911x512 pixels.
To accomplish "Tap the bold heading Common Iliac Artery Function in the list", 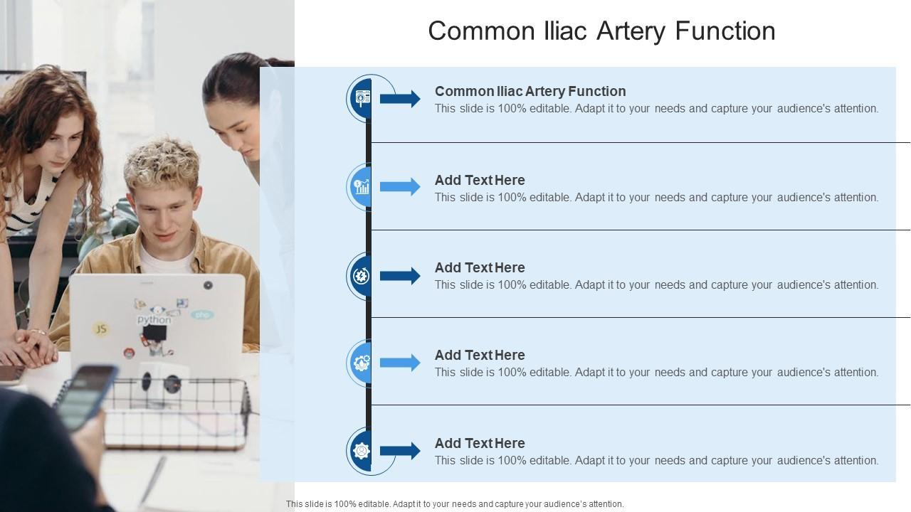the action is pos(530,92).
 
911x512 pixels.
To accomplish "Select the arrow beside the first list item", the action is pos(400,99).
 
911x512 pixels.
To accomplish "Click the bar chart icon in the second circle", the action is pos(362,187).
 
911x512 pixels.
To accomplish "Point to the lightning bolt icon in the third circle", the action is pos(361,276).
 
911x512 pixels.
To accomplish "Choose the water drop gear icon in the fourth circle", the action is pos(362,363).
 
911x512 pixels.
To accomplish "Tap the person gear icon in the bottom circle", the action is pos(361,451).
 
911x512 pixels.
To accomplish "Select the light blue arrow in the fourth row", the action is pos(400,363).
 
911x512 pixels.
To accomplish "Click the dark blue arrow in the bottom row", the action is pos(400,451).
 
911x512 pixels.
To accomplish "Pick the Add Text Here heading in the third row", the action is pos(480,268).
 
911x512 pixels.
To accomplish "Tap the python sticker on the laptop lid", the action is pos(154,320).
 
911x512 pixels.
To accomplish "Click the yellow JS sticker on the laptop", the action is pos(100,329).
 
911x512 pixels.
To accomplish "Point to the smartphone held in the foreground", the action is pos(86,397).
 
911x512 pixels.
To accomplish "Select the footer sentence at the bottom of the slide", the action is pos(455,504).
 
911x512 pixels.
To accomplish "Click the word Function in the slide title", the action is pos(725,31).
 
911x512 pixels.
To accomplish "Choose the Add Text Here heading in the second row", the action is pos(480,180).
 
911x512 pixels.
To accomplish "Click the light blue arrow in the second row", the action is pos(400,186).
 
